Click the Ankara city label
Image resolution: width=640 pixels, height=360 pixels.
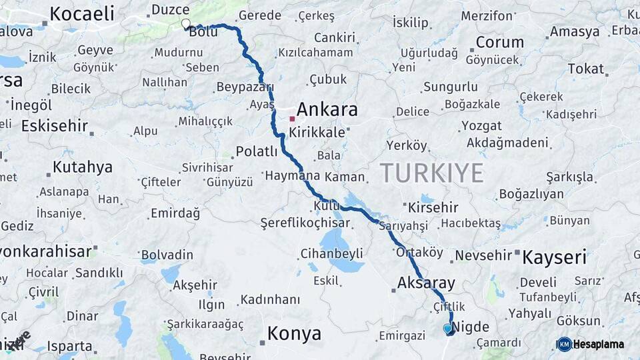point(327,109)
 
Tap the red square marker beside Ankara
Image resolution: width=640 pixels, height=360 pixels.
point(292,119)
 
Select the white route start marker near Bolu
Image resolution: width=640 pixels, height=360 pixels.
point(186,24)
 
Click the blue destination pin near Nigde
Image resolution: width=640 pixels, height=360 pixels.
point(447,328)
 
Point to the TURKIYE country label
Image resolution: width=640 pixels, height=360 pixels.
point(432,173)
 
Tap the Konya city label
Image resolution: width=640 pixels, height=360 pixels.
point(294,333)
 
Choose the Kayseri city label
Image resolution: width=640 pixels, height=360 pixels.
point(554,257)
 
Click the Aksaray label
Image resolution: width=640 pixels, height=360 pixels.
point(426,282)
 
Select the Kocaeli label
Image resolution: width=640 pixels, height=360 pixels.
point(82,13)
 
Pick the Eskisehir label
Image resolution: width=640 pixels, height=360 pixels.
point(55,125)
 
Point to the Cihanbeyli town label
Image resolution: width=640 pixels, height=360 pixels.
point(331,253)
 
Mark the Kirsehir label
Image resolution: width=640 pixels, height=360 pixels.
point(433,207)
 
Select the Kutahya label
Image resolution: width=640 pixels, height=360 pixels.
point(83,167)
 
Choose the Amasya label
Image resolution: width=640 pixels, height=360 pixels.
point(575,31)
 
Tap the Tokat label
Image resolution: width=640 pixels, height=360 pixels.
point(586,69)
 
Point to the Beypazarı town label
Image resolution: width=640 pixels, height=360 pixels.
point(245,87)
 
